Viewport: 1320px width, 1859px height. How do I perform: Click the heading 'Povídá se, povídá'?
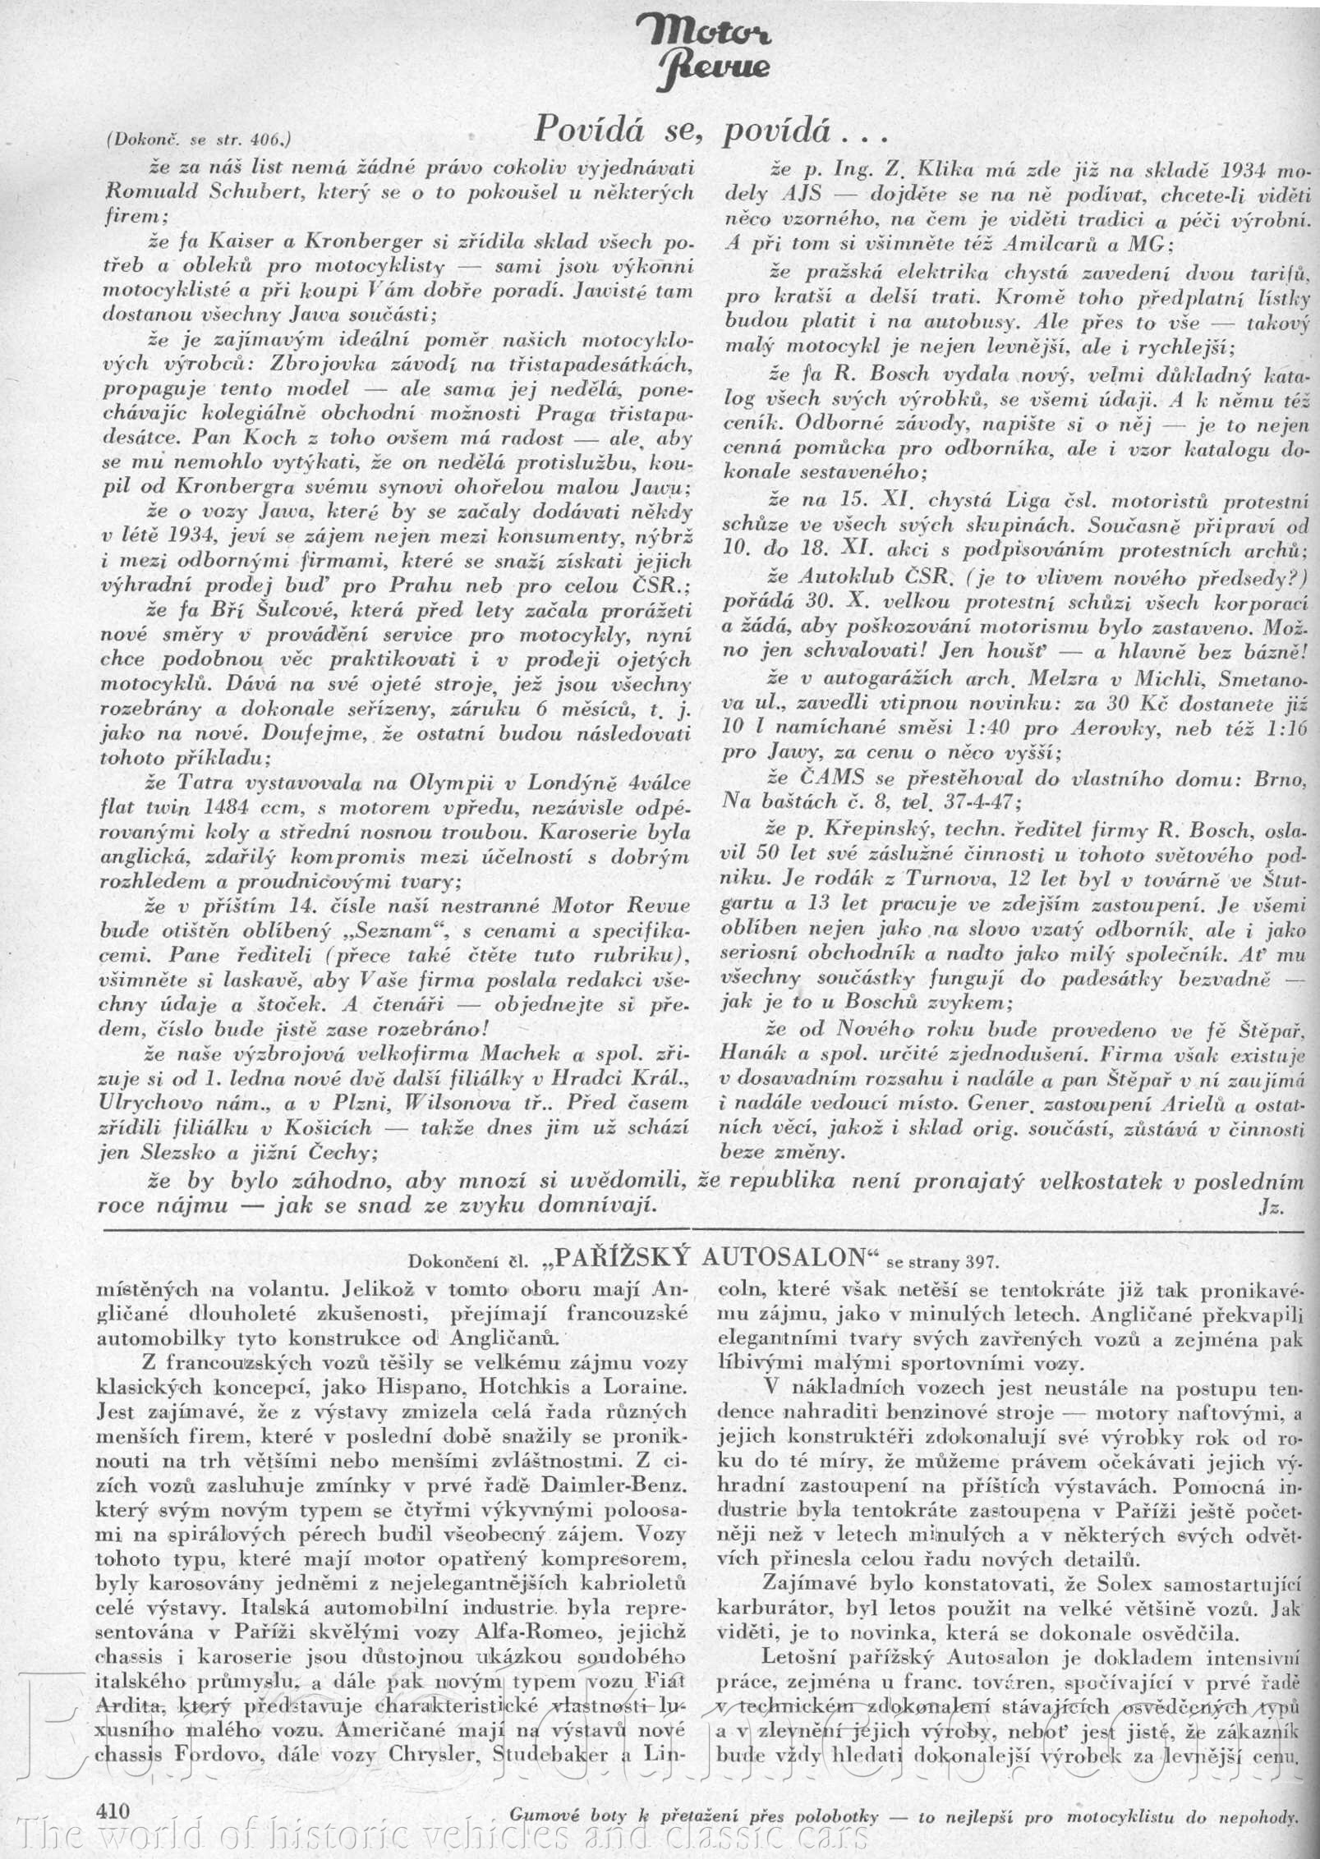point(701,129)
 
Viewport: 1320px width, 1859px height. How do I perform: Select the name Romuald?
point(147,191)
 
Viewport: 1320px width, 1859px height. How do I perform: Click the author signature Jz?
point(1270,1206)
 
